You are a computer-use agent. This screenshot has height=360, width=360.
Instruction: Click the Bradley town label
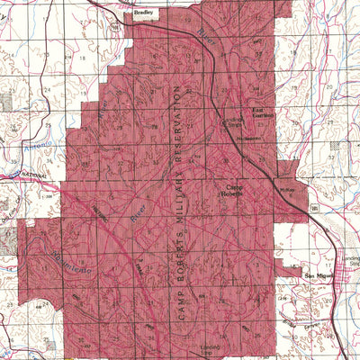pos(144,13)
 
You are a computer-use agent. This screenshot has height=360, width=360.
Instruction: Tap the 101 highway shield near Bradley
pos(115,26)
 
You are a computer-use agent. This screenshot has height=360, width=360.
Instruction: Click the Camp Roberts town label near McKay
pos(234,189)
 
